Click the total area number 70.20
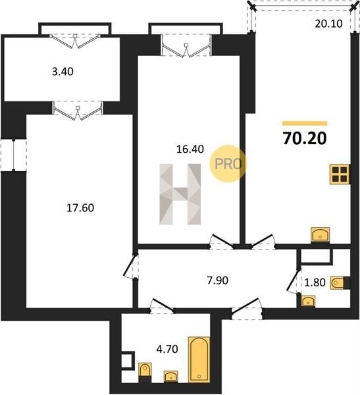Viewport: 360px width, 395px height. [x=305, y=138]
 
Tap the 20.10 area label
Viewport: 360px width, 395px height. [x=329, y=24]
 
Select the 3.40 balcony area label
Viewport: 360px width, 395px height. [x=63, y=72]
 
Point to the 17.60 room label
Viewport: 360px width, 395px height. [x=80, y=208]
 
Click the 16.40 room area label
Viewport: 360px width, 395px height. [x=190, y=149]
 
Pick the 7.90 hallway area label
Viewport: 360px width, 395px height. [x=218, y=280]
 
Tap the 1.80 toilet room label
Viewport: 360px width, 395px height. [x=315, y=282]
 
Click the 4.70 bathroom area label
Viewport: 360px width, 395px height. [x=167, y=349]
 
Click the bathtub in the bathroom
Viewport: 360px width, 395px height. [x=199, y=359]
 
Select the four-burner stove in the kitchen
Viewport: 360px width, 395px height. [x=340, y=174]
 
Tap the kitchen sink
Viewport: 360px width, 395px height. [x=321, y=235]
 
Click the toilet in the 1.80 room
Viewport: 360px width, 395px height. [x=338, y=282]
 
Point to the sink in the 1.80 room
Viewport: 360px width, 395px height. [x=309, y=301]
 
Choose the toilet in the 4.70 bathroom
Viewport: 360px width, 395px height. [x=145, y=370]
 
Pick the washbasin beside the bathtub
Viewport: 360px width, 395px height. [x=171, y=377]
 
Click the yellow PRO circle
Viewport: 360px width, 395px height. [x=228, y=164]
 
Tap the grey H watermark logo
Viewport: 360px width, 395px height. [x=180, y=194]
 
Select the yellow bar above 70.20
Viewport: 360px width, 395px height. [x=305, y=123]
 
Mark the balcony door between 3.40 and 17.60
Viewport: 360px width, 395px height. [x=78, y=111]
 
